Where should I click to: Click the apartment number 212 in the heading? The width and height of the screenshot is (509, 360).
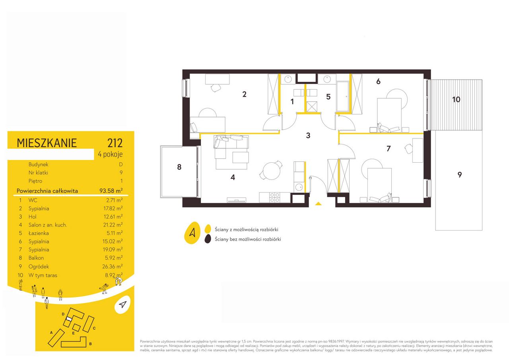point(115,143)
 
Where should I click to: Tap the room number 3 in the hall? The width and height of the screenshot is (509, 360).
point(308,136)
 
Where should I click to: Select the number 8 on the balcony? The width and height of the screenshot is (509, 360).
point(179,167)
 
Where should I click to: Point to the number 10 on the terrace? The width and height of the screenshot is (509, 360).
point(456,99)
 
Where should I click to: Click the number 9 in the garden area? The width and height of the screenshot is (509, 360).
point(459,175)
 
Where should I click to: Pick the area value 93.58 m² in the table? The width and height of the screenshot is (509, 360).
point(111,191)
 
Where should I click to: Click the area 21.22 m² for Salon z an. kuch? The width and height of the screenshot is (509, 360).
point(113,225)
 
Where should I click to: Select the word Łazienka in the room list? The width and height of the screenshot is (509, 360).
point(39,233)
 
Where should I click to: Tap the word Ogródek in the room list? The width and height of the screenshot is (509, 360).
point(39,267)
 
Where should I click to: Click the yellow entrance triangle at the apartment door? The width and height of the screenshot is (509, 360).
point(319,204)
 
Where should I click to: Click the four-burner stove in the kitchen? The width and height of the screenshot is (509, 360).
point(274,197)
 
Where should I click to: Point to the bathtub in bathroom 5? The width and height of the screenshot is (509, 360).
point(343,97)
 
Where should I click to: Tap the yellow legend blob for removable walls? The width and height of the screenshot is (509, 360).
point(208,229)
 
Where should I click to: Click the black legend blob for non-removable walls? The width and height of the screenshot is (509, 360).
point(208,239)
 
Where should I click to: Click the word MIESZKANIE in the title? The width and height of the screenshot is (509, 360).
point(47,143)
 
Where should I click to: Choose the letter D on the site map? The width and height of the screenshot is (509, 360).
point(63,314)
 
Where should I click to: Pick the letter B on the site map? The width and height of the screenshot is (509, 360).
point(90,344)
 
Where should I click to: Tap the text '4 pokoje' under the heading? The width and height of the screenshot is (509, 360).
point(110,154)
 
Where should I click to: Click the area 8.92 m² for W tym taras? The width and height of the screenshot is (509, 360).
point(114,275)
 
